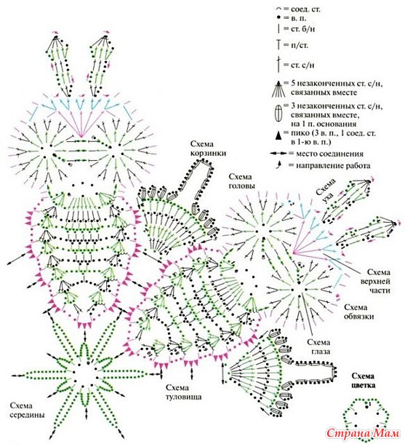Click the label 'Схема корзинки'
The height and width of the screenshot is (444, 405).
tap(209, 148)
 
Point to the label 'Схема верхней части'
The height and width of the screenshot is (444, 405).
tap(376, 281)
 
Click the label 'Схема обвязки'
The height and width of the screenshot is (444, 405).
tap(359, 312)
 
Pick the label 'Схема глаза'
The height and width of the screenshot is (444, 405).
tap(318, 347)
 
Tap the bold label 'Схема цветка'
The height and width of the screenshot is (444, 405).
tap(363, 381)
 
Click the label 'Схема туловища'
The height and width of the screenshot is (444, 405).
tap(183, 392)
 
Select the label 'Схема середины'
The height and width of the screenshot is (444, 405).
tap(27, 411)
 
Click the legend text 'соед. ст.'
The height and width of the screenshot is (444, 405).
tap(305, 9)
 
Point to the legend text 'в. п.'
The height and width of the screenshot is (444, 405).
tap(298, 18)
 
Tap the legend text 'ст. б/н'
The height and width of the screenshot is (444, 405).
tap(302, 29)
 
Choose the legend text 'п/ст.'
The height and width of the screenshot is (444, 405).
tap(300, 45)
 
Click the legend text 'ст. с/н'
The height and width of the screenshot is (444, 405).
tap(302, 65)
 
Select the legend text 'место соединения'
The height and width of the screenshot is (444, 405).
tap(329, 154)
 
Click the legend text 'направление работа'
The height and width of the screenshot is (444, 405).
tap(333, 165)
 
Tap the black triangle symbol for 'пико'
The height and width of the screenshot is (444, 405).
tap(279, 135)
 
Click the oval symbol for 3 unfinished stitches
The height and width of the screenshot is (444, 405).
tap(278, 114)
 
